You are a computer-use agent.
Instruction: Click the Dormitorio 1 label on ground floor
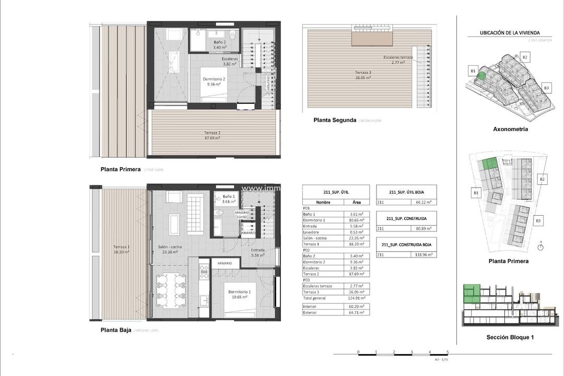pos(237,294)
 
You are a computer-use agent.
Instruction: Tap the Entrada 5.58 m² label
pos(258,253)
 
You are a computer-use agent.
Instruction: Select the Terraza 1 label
pos(121,249)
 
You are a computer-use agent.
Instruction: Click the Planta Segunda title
pos(335,120)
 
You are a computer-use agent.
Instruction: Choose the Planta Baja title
pos(116,330)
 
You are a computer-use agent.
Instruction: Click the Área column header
pos(357,202)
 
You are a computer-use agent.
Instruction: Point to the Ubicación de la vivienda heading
pos(510,33)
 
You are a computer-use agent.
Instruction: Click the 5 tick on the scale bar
pos(448,352)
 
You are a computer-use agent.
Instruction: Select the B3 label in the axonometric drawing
pos(546,88)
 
